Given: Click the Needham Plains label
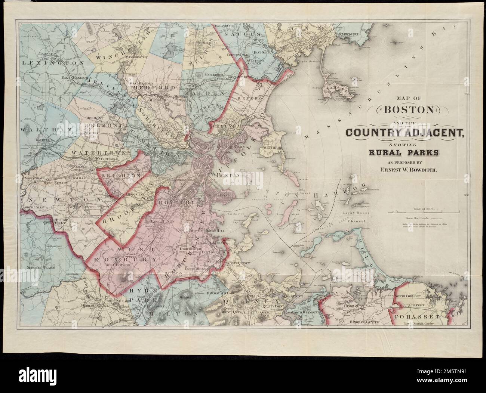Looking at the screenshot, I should click(x=41, y=267).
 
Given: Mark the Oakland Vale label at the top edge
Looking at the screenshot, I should click(x=224, y=27).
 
